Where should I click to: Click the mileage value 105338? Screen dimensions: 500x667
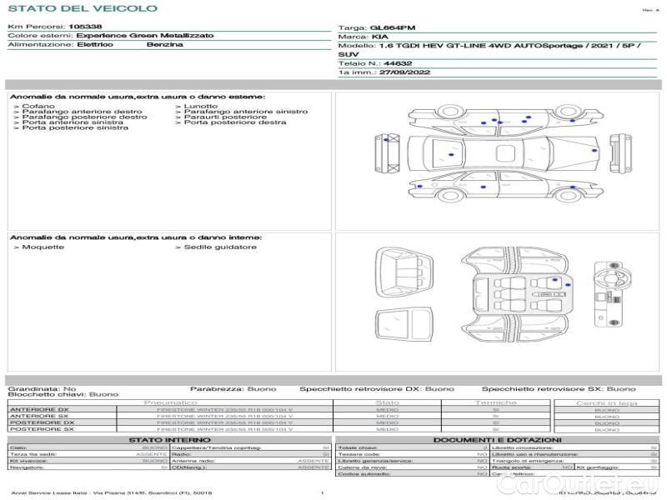[85, 27]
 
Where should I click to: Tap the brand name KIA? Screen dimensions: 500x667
[379, 37]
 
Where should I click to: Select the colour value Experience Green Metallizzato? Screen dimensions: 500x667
[145, 36]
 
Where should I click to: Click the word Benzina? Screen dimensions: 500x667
[164, 44]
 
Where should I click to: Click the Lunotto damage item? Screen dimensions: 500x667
[200, 106]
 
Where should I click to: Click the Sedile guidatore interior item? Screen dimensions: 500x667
[219, 247]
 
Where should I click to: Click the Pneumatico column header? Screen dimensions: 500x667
[224, 403]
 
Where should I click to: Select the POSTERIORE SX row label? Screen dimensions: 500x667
[42, 429]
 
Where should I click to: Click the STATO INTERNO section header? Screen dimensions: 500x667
[169, 440]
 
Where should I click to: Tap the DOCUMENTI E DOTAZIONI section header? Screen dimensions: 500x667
[497, 440]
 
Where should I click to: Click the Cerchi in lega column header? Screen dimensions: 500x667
[606, 403]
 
